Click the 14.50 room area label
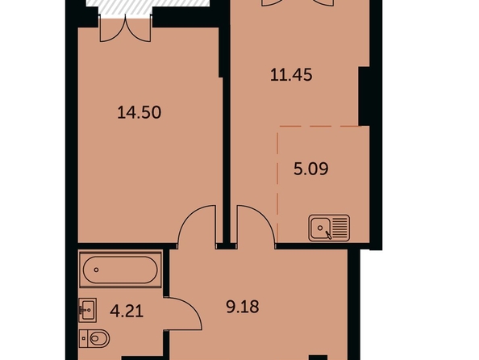tap(139, 112)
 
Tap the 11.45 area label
tap(291, 74)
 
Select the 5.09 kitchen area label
tap(311, 169)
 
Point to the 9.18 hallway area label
tap(243, 307)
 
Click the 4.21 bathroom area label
tap(127, 312)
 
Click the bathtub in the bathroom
tap(120, 270)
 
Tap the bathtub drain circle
tap(96, 270)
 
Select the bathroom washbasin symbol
tap(88, 310)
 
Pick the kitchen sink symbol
tap(329, 228)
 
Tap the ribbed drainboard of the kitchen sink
tap(339, 228)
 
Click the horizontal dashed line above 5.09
tap(319, 126)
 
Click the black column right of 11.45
tap(364, 96)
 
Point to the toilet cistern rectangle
tap(83, 338)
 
